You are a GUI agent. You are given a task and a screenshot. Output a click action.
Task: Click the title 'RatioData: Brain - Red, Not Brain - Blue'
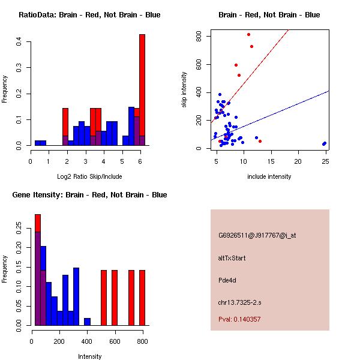point(89,14)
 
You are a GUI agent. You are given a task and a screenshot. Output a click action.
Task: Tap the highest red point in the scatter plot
point(248,34)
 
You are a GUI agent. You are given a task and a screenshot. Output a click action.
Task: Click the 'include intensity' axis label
point(269,176)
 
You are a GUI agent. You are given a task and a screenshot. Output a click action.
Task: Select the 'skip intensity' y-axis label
point(184,90)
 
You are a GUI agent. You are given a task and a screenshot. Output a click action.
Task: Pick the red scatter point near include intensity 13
point(260,141)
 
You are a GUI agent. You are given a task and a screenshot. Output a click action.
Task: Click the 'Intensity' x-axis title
point(89,356)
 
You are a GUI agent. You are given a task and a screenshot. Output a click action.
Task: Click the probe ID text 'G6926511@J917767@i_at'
point(257,235)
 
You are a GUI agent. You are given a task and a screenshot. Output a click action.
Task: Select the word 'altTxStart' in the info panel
point(232,258)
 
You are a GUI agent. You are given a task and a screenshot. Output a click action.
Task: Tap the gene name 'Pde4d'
point(227,280)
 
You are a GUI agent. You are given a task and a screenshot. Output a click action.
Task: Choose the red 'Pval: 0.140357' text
point(239,319)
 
